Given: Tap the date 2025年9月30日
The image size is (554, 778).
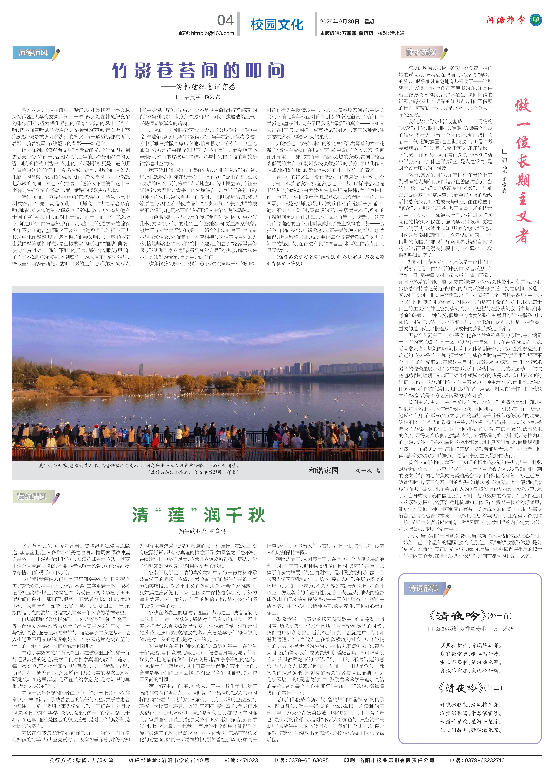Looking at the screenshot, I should pyautogui.click(x=340, y=22).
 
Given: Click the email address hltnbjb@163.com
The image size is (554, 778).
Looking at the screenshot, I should pyautogui.click(x=206, y=33).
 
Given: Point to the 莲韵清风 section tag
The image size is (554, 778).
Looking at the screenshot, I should pyautogui.click(x=32, y=497).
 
